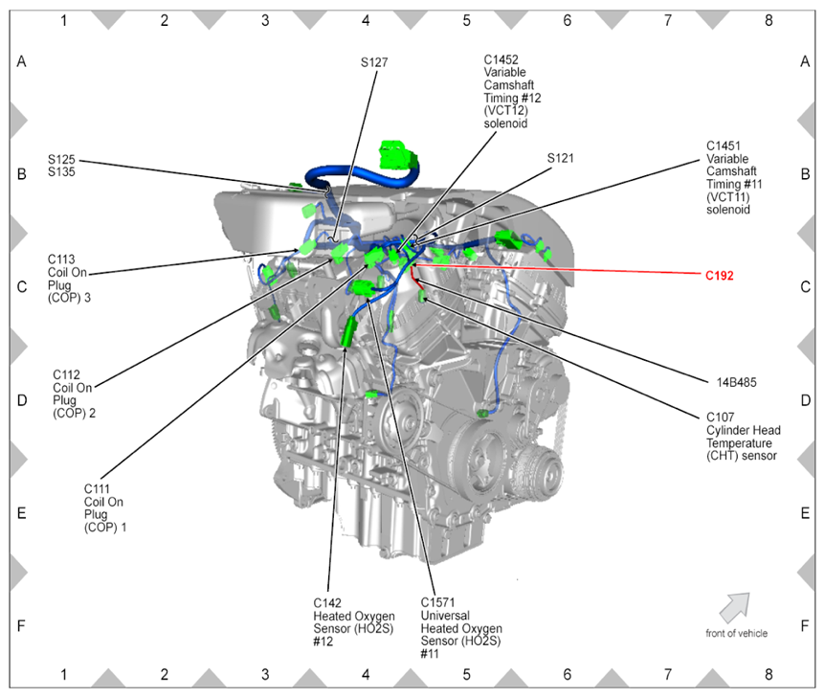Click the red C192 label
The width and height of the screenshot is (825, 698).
pyautogui.click(x=719, y=276)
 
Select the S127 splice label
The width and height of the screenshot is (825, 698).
pyautogui.click(x=374, y=62)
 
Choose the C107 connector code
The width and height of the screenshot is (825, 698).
pyautogui.click(x=721, y=417)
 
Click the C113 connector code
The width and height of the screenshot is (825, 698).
pyautogui.click(x=62, y=259)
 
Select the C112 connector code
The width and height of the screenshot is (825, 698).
pyautogui.click(x=67, y=374)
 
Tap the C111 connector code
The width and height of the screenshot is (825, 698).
pyautogui.click(x=98, y=488)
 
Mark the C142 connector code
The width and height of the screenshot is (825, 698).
pyautogui.click(x=328, y=602)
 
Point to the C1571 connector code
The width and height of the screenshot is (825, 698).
pyautogui.click(x=438, y=602)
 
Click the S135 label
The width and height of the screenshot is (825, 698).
pyautogui.click(x=61, y=172)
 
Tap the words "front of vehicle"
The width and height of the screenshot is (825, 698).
pyautogui.click(x=736, y=633)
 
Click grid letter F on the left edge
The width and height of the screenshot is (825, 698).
pyautogui.click(x=21, y=626)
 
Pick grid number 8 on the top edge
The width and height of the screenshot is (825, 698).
pyautogui.click(x=769, y=18)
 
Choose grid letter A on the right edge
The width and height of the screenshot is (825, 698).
pyautogui.click(x=805, y=62)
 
